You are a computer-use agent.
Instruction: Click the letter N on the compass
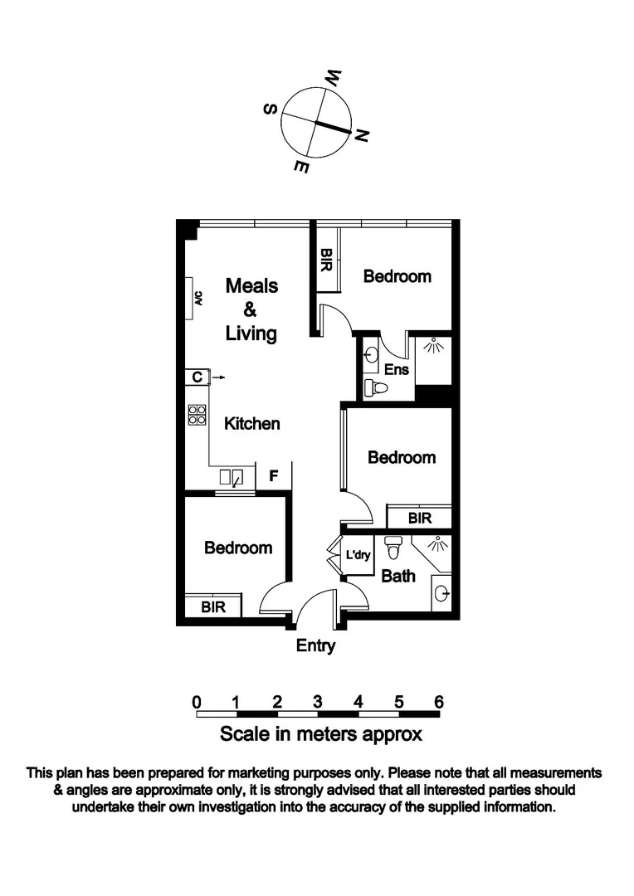coord(361,136)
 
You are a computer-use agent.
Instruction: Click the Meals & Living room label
coord(251,309)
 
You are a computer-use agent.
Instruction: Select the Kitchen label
coord(252,424)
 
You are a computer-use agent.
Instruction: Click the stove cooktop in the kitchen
coord(197,414)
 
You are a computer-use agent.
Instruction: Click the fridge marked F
coord(273,476)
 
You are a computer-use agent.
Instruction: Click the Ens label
coord(396,370)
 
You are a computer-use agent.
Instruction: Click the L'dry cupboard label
coord(358,555)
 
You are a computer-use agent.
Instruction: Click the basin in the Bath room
coord(441,592)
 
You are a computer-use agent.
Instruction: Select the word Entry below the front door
coord(315,645)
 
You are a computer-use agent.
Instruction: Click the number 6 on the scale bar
coord(439,702)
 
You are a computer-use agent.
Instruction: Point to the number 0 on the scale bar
coord(197,702)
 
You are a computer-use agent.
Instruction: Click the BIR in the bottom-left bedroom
coord(213,606)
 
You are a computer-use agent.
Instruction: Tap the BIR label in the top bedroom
coord(327,263)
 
